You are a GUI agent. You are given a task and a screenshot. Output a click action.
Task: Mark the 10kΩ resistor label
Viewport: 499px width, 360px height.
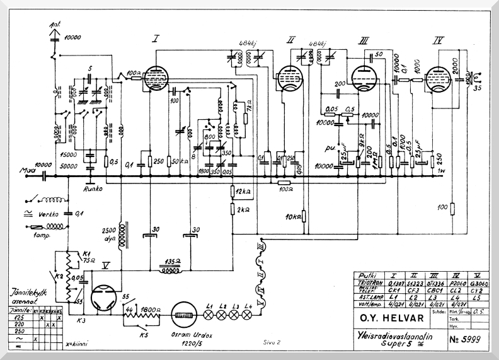pyautogui.click(x=294, y=218)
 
